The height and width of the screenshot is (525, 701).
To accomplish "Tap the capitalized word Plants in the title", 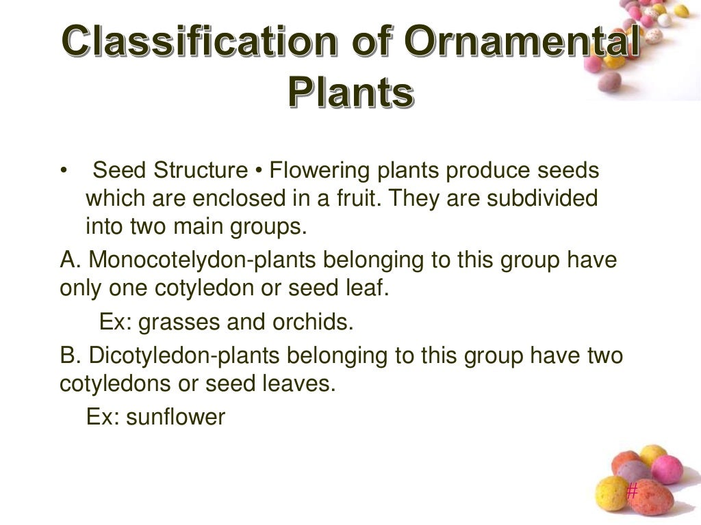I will pos(350,92).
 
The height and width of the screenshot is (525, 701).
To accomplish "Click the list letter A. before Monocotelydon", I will pos(71,260).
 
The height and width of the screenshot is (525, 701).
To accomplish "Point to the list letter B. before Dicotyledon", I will pos(71,356).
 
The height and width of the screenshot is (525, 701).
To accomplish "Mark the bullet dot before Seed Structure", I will pos(64,171).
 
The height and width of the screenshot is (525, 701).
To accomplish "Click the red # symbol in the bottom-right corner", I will pos(632,490).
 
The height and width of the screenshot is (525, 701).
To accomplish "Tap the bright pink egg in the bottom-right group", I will pos(666,470).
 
